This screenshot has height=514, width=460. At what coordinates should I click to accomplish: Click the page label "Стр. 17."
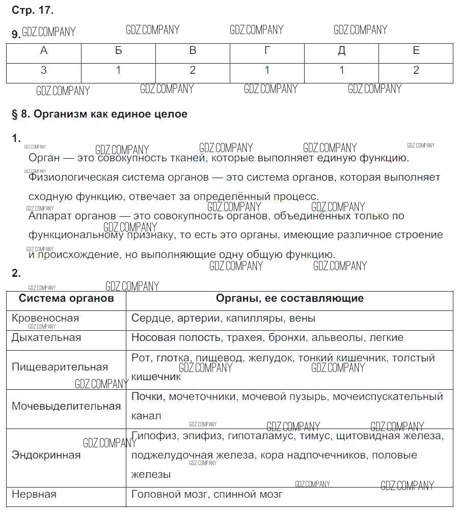32,10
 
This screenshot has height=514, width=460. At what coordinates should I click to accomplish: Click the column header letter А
44,51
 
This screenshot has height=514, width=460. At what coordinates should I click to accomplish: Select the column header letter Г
267,51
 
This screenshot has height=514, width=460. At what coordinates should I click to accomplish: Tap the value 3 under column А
44,71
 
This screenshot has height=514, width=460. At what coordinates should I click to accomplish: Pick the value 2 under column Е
416,71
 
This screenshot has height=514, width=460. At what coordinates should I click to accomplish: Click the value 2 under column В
193,71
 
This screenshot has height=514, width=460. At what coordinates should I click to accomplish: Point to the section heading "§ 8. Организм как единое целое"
99,114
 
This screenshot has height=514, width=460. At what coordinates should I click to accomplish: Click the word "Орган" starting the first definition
44,158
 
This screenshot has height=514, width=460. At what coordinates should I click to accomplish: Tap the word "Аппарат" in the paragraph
50,216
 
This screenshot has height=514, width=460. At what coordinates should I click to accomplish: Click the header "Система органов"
66,298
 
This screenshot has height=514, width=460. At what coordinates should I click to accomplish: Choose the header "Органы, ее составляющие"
289,298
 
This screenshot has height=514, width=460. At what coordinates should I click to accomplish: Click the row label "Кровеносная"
45,319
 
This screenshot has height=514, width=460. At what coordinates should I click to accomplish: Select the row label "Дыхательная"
46,337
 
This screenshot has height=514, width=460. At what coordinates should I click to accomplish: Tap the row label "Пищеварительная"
60,367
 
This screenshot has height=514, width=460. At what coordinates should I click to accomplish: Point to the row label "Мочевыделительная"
66,406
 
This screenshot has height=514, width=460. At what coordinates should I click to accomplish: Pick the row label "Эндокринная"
46,455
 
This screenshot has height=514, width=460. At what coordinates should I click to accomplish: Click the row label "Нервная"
34,494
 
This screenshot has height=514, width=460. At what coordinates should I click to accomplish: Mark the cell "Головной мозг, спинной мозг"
206,494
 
